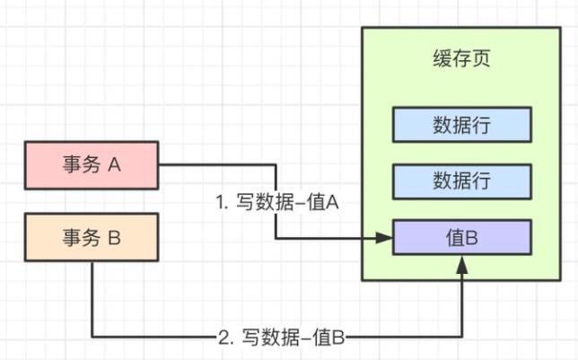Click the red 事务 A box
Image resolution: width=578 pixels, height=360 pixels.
click(x=92, y=165)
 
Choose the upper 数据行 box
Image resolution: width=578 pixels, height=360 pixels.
click(x=462, y=124)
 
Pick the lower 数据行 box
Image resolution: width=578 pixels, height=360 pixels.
click(x=462, y=180)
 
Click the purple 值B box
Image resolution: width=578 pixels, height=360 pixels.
click(x=462, y=238)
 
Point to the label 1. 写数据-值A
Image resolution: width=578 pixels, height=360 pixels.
click(x=276, y=204)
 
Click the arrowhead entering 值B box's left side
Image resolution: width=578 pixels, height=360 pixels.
click(x=386, y=238)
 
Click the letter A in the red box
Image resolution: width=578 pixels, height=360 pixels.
click(x=114, y=165)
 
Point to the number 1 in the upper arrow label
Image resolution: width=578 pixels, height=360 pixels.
click(x=220, y=204)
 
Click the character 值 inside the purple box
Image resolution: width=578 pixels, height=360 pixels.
click(x=455, y=238)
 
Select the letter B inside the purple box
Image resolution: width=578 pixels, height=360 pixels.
click(x=472, y=238)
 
